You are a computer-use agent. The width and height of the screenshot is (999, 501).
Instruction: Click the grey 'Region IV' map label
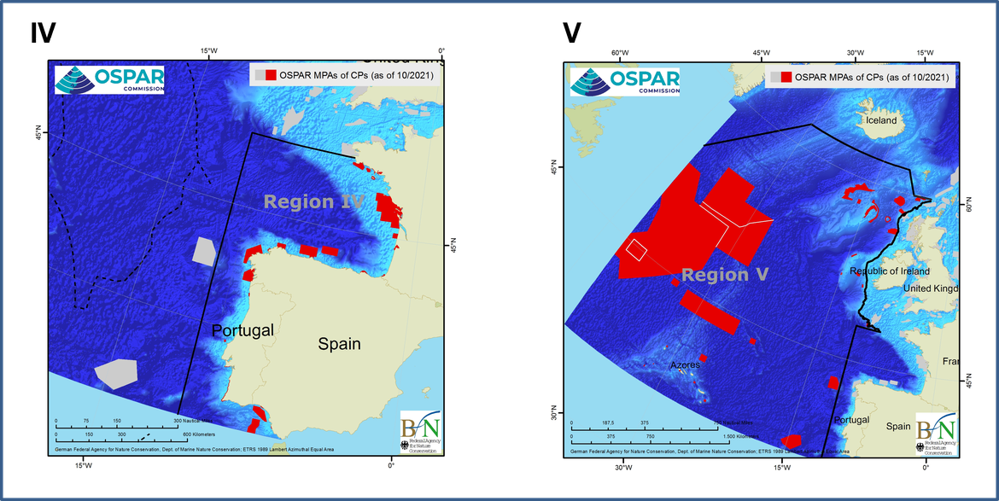[x=313, y=202]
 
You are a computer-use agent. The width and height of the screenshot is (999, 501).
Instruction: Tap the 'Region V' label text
[x=725, y=275]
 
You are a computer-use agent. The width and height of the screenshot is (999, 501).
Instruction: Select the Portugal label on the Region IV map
[x=242, y=330]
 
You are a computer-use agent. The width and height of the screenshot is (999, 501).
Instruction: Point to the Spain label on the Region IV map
[x=339, y=344]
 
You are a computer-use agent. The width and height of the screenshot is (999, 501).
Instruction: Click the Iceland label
[x=881, y=120]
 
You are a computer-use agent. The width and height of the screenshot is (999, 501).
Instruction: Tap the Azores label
[x=685, y=364]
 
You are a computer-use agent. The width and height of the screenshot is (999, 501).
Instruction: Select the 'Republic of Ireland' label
[x=890, y=271]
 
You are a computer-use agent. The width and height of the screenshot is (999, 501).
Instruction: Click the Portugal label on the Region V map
[x=851, y=420]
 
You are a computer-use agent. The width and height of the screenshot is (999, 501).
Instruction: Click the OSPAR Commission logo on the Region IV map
[x=109, y=79]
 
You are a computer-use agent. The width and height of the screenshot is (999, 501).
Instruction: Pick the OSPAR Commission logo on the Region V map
[x=625, y=81]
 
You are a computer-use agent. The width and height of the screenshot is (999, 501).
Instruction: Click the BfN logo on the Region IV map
[x=420, y=433]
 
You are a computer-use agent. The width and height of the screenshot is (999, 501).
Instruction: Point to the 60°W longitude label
[x=620, y=52]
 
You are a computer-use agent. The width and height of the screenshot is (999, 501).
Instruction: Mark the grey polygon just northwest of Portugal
[x=203, y=251]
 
